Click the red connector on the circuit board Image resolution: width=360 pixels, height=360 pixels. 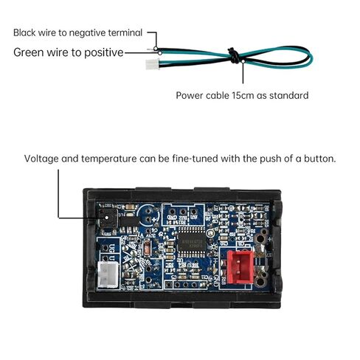pos(240,267)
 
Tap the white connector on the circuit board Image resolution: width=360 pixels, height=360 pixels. pos(108,274)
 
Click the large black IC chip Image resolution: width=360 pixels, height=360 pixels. pos(192,241)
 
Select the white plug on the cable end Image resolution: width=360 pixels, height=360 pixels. pos(153,64)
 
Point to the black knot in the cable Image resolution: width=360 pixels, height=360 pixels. pos(234,55)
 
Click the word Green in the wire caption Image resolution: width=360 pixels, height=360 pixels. pos(29,52)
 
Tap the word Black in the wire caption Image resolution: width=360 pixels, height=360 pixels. pos(24,32)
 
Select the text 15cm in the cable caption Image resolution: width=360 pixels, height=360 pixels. pos(243,95)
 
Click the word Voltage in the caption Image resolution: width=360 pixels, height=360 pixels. pos(41,159)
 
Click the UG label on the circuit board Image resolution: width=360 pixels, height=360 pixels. pos(111,246)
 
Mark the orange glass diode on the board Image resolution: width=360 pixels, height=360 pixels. pos(147,248)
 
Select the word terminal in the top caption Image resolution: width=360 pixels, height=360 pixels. pos(125,32)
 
